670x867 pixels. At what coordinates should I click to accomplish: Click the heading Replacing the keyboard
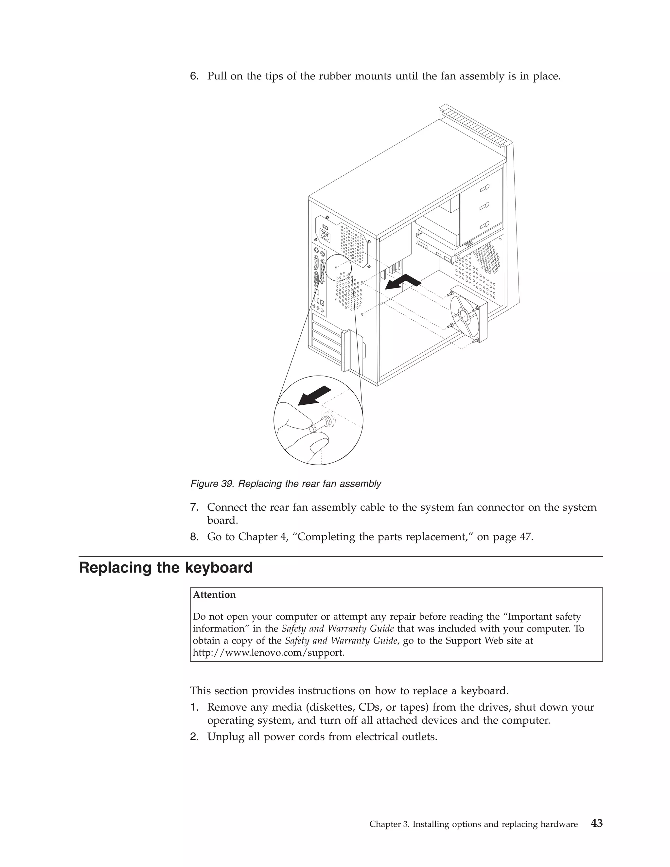166,568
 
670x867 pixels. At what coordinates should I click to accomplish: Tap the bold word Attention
214,595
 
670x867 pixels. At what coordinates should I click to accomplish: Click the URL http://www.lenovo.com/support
268,653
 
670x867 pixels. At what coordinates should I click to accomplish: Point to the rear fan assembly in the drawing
468,314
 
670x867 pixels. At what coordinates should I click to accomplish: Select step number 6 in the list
194,76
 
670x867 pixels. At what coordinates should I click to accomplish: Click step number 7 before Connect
194,507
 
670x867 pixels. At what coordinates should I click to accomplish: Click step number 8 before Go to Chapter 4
194,537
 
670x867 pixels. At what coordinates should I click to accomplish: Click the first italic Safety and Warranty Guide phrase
337,629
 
